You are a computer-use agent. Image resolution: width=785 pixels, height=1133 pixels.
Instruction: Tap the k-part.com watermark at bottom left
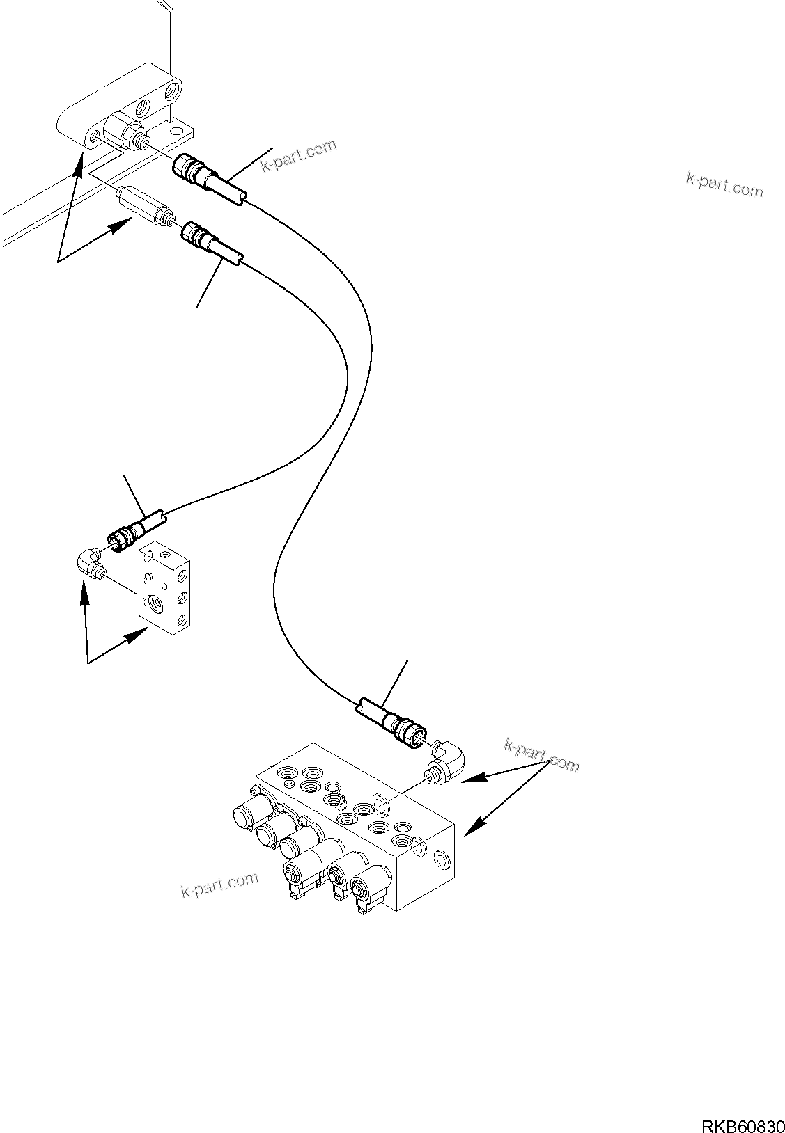219,885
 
